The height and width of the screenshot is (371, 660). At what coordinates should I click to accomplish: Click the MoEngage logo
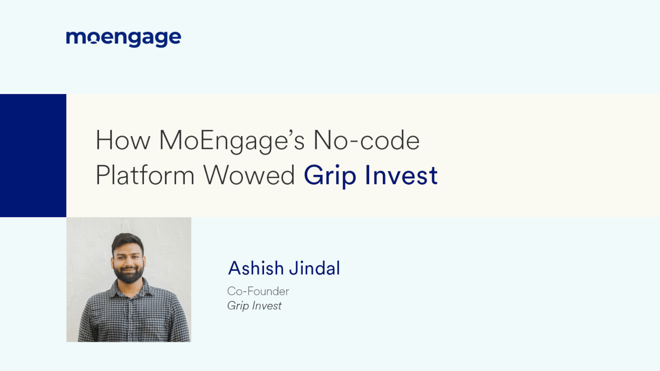123,38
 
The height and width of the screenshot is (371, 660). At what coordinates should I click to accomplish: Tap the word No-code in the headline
366,141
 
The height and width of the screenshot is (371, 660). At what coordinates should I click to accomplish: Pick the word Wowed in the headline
249,175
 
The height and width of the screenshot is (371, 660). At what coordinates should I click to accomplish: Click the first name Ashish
256,268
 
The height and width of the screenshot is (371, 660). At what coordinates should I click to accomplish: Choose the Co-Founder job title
258,291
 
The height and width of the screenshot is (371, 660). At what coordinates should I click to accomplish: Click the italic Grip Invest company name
254,306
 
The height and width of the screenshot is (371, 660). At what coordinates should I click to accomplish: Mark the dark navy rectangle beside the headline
33,155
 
